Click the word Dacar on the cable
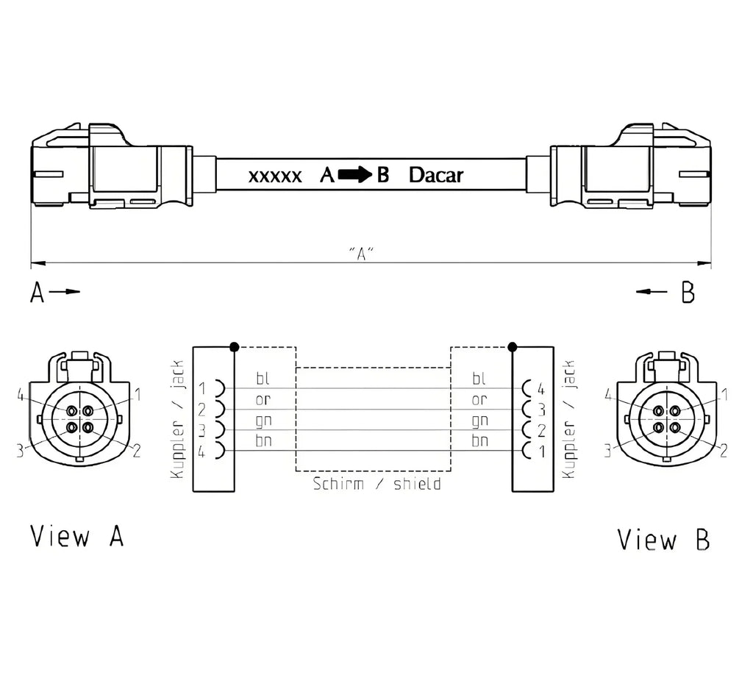click(x=435, y=175)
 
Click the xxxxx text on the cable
click(x=275, y=176)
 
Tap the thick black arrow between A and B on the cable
click(x=355, y=175)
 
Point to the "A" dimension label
click(x=361, y=253)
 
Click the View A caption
click(x=76, y=536)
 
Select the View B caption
click(x=663, y=539)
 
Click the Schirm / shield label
click(x=377, y=483)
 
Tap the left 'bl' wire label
click(x=263, y=378)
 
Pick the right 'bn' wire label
click(x=479, y=440)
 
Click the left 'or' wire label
click(x=263, y=399)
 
